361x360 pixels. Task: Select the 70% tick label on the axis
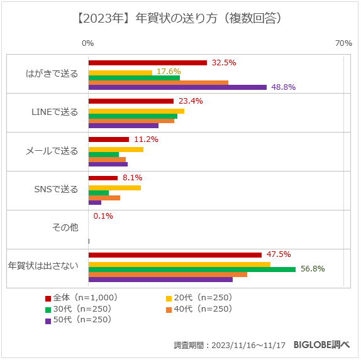pos(343,43)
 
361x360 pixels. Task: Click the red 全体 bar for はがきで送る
pos(148,63)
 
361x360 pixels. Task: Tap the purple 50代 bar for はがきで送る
pos(177,87)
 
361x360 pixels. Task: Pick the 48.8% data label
pos(284,87)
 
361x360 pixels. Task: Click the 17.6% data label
pos(169,72)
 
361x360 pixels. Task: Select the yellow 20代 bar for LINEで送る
pos(136,111)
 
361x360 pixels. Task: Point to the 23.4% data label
pos(191,101)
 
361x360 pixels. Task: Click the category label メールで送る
pos(52,151)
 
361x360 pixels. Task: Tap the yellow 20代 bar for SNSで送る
pos(114,187)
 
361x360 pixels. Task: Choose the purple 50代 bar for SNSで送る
pos(95,202)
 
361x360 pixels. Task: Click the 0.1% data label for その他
pos(103,216)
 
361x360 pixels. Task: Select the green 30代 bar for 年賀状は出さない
pos(192,269)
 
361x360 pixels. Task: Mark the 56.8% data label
pos(313,269)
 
